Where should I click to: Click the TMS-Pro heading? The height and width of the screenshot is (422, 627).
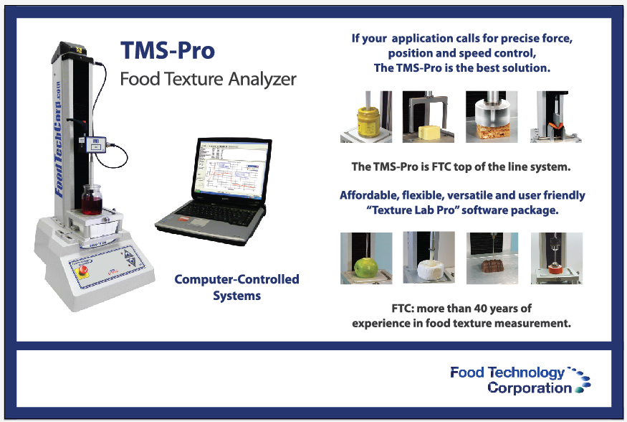[x=168, y=51]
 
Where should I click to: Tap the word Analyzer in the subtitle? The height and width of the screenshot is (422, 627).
[x=262, y=79]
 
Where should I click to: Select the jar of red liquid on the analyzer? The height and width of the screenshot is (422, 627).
[x=92, y=200]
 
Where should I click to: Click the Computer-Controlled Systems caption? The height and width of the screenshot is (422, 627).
[x=236, y=287]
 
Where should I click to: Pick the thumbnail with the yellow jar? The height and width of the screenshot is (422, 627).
[x=366, y=116]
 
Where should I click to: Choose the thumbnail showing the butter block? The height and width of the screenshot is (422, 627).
[x=429, y=116]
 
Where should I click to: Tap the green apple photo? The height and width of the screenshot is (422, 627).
[x=366, y=258]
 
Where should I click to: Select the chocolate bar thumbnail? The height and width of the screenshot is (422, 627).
[x=492, y=258]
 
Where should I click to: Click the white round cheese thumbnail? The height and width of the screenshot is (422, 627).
[x=429, y=258]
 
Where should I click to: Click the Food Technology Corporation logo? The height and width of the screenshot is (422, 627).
[x=520, y=380]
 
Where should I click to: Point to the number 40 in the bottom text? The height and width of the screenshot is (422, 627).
[x=480, y=309]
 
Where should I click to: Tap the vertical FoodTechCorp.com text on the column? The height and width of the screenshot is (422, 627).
[x=59, y=140]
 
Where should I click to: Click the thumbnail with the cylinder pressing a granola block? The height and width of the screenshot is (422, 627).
[x=492, y=116]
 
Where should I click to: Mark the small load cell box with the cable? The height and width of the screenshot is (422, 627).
[x=96, y=144]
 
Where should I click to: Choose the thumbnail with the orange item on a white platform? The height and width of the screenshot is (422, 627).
[x=557, y=258]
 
